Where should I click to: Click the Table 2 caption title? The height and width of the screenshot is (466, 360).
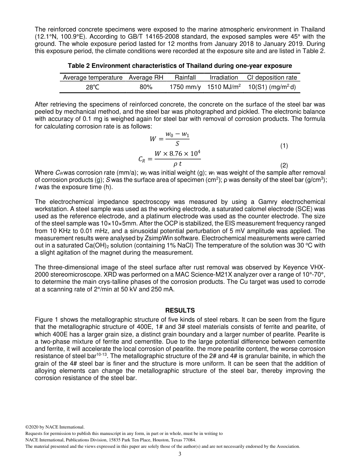180,66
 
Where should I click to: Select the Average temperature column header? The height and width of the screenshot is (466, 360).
92,77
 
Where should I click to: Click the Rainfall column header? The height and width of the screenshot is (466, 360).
185,77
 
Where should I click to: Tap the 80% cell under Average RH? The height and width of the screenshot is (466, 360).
146,87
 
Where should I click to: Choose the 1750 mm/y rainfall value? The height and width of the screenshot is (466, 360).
185,87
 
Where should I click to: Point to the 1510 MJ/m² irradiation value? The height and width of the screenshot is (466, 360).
224,87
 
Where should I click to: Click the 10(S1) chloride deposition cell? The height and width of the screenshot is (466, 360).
272,87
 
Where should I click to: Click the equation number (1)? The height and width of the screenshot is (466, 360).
284,145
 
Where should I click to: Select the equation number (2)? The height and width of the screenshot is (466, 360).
284,165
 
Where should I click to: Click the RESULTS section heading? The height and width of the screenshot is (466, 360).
180,310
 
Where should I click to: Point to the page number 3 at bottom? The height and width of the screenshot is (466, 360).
180,454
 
